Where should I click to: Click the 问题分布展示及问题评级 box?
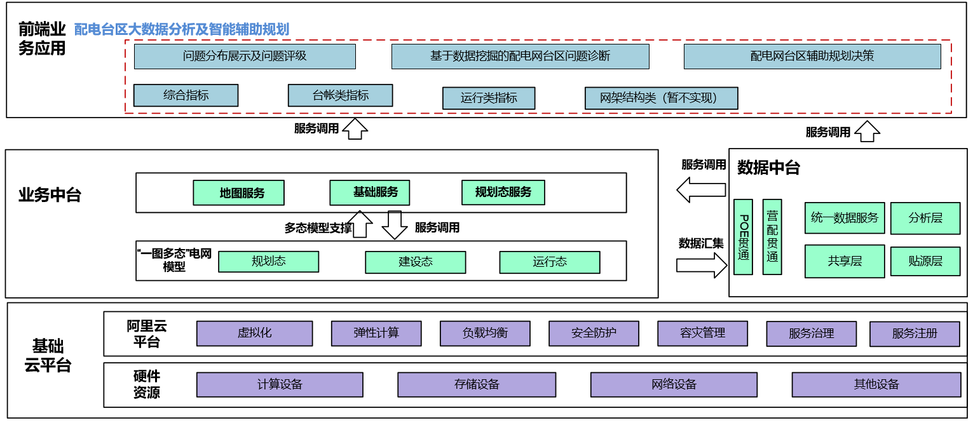click(245, 57)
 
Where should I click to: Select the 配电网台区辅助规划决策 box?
click(812, 57)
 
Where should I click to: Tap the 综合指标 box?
click(186, 95)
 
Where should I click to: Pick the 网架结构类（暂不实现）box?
click(661, 98)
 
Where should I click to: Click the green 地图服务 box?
click(239, 192)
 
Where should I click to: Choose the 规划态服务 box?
click(503, 192)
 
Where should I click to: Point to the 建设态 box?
click(415, 262)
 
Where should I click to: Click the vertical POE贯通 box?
click(743, 236)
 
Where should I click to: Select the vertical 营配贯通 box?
click(772, 236)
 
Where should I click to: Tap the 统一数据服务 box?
click(845, 218)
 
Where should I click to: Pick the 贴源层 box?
click(925, 261)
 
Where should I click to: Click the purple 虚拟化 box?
click(254, 333)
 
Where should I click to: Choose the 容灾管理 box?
click(702, 333)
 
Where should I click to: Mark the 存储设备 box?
click(477, 384)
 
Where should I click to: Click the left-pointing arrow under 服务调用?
click(701, 189)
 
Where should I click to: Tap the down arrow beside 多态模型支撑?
click(395, 224)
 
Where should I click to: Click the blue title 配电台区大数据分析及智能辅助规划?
click(182, 29)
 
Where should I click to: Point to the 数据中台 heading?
click(768, 168)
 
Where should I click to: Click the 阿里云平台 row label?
click(147, 334)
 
